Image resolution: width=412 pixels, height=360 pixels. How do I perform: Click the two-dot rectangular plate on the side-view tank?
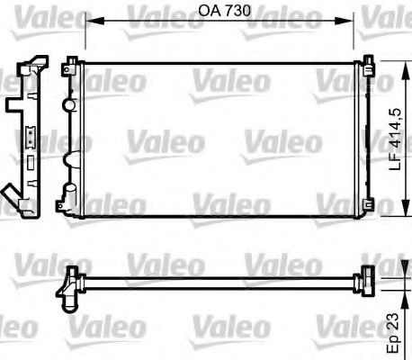click(x=30, y=140)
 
